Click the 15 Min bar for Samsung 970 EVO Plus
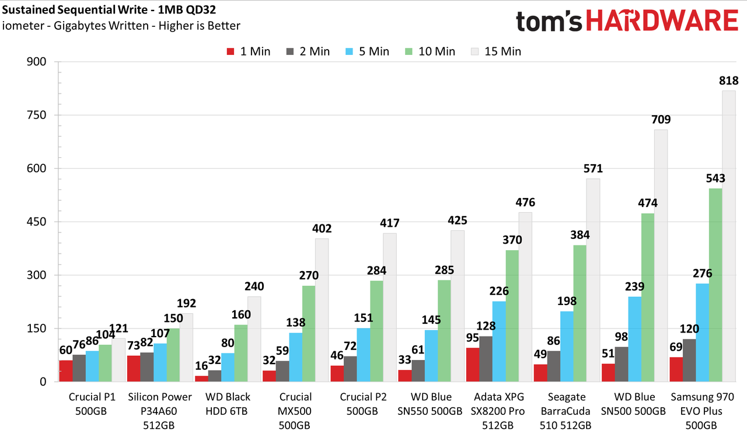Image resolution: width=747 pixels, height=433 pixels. (x=729, y=236)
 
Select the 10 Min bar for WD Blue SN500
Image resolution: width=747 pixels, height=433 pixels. (x=648, y=297)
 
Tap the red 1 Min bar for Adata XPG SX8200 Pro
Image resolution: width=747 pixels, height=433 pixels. (x=473, y=365)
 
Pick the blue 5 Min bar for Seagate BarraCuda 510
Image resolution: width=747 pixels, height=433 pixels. (x=567, y=347)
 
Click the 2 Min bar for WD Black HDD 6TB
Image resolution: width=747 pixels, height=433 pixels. (x=215, y=376)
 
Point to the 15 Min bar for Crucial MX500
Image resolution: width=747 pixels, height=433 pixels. (x=322, y=310)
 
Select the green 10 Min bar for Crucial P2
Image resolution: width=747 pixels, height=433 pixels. (x=376, y=331)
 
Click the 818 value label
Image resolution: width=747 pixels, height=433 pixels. (x=729, y=81)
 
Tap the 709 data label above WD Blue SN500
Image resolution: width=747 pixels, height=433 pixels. (x=661, y=119)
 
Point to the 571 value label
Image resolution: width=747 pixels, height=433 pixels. (x=594, y=168)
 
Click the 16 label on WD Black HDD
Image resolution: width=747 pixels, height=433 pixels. (x=201, y=366)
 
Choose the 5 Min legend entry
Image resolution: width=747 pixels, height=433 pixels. (x=368, y=51)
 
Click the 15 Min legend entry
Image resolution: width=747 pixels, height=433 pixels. (x=496, y=51)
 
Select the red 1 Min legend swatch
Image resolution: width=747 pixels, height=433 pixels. (x=231, y=52)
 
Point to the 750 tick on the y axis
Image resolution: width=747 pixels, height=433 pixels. (x=36, y=115)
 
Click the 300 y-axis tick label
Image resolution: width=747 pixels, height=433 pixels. (x=36, y=275)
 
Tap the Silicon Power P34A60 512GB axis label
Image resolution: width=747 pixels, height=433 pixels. (x=160, y=411)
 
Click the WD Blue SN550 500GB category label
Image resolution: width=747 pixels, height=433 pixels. (x=430, y=404)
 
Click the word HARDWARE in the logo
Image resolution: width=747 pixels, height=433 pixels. (x=662, y=20)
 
